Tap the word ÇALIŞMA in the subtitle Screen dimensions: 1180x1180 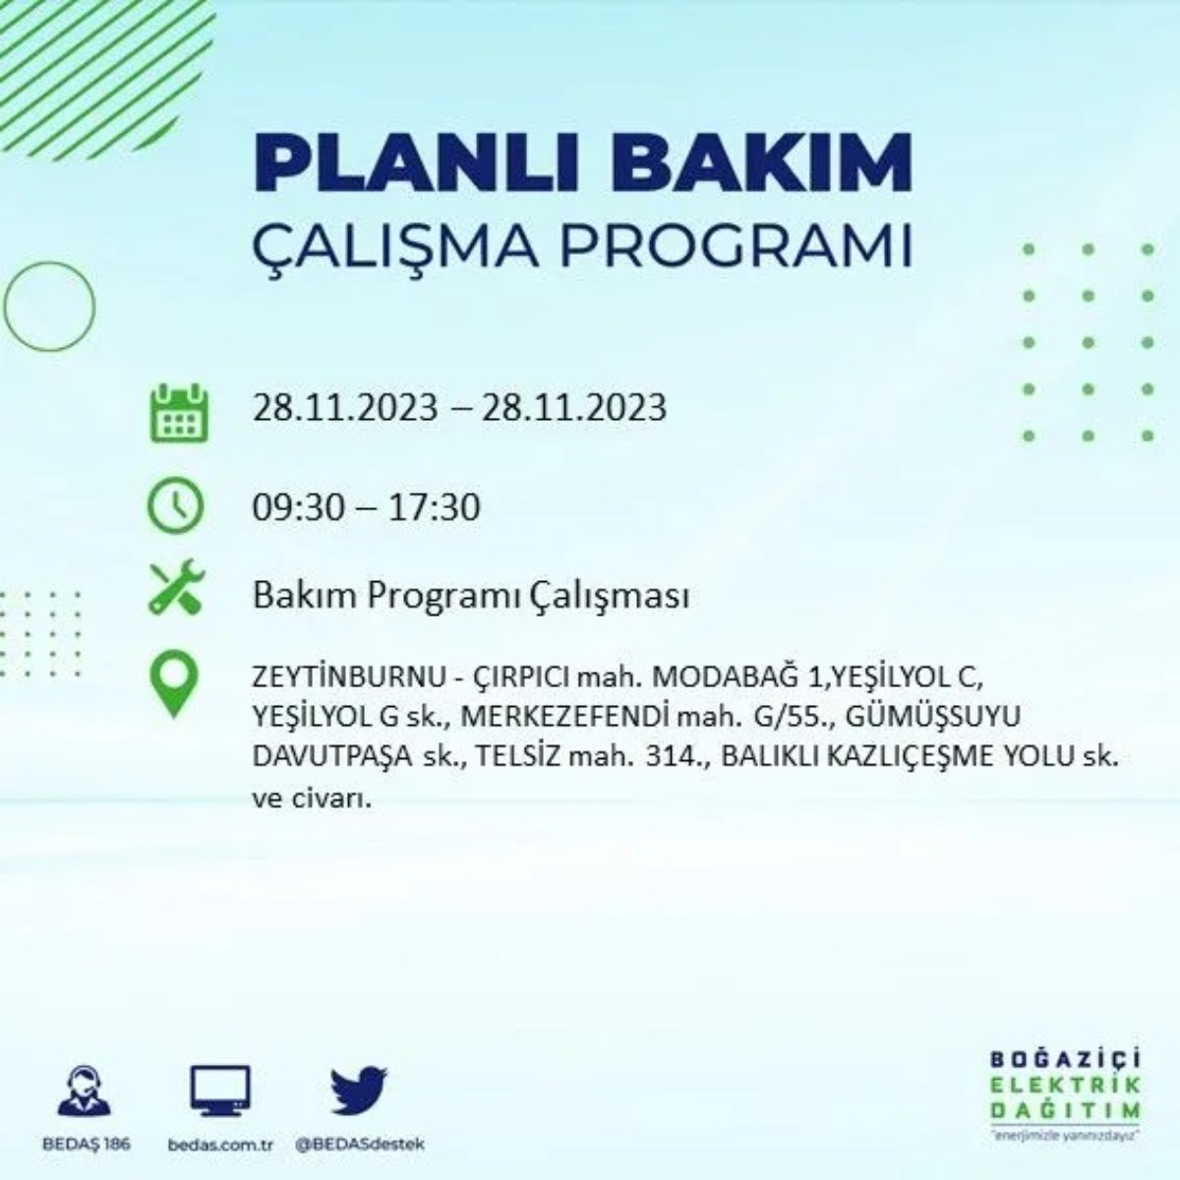(393, 247)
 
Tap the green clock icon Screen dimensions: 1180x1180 (175, 507)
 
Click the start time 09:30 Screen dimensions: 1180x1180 (298, 507)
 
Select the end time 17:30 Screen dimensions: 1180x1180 (434, 507)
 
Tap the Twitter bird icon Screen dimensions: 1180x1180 (359, 1091)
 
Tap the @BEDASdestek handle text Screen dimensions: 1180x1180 (360, 1145)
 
